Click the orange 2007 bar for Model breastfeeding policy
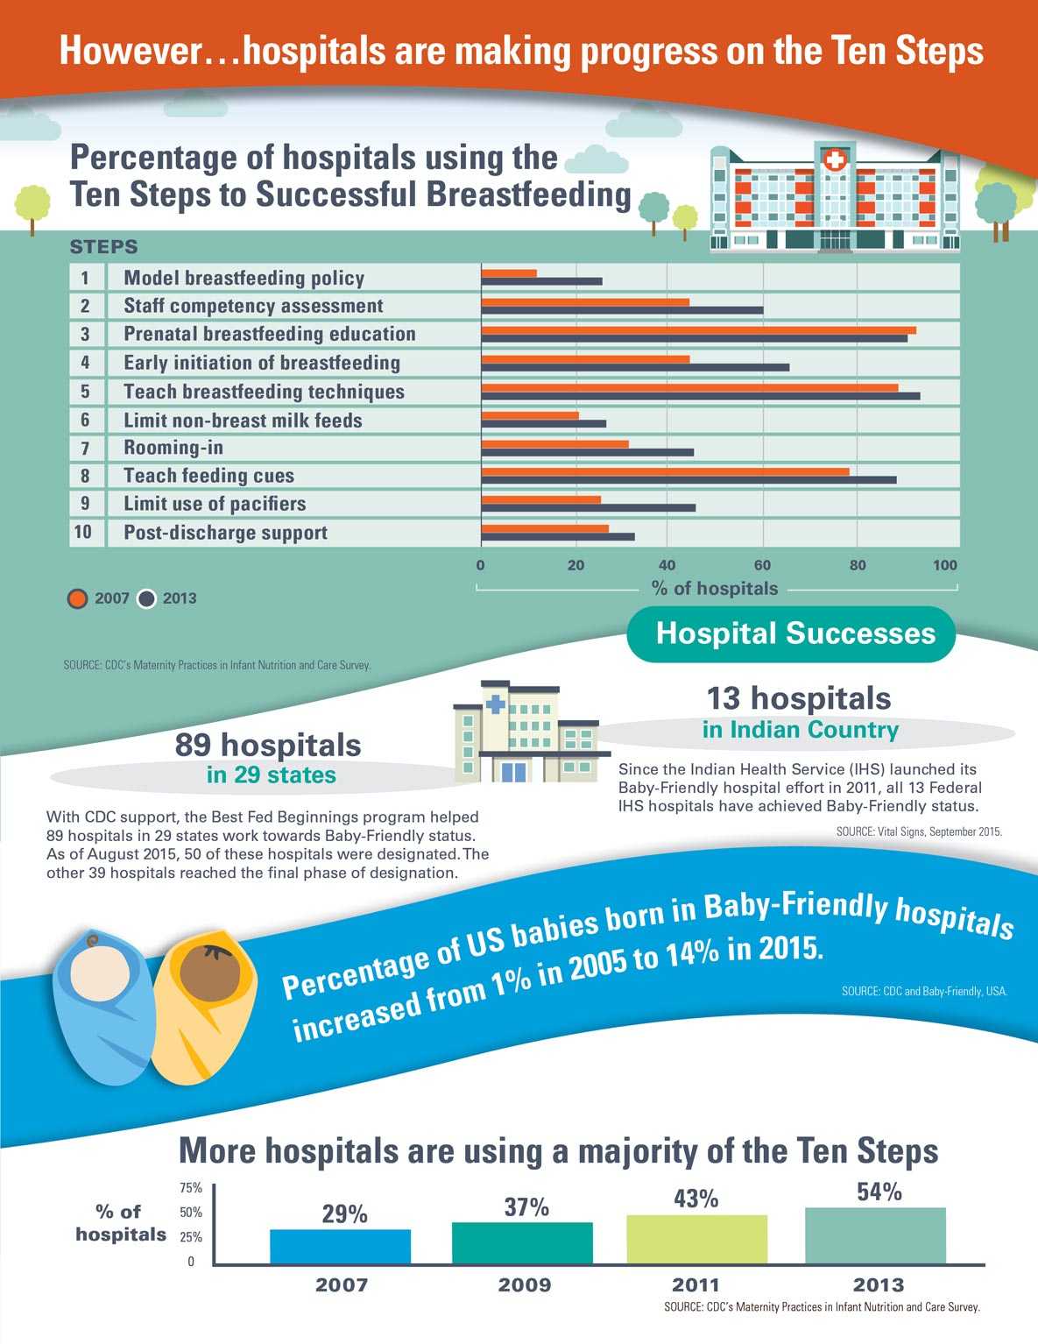509,273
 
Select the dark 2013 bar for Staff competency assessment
622,310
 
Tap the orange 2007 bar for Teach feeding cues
665,471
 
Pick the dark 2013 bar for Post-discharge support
558,536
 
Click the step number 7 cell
85,449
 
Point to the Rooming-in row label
173,448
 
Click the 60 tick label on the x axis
762,565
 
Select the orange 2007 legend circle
78,599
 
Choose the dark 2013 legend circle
146,599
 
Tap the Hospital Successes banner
792,633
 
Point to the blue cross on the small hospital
495,704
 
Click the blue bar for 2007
340,1246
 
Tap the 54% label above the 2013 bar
879,1192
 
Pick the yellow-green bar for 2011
696,1239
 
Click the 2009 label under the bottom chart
525,1285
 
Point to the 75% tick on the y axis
191,1189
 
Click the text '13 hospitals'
799,698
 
